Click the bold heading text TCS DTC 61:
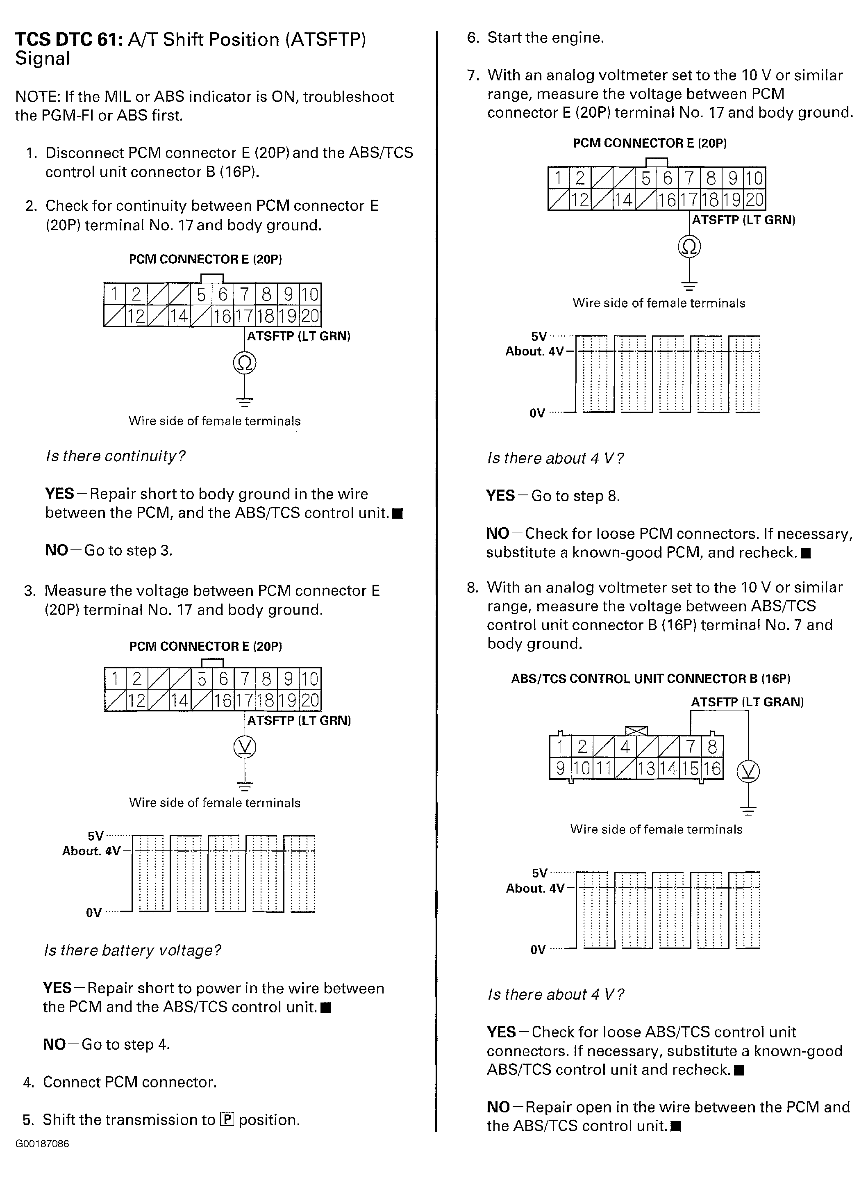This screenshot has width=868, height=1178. pos(68,40)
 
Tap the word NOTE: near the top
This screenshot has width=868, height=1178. pos(37,97)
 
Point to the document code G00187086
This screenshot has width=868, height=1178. pos(42,1144)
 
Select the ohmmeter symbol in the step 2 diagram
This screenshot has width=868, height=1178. pos(245,363)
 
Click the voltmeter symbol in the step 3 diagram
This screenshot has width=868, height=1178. pos(245,747)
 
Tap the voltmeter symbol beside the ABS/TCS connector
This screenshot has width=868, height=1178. pos(748,771)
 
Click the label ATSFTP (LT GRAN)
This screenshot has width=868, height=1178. pos(747,702)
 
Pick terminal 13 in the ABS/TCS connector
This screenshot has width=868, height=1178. pos(647,768)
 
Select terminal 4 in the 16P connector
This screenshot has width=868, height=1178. pos(625,746)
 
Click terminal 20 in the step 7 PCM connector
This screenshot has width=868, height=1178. pos(754,200)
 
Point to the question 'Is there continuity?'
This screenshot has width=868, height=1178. pos(116,456)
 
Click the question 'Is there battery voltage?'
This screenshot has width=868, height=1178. pos(132,950)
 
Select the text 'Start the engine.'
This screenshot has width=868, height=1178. pos(545,38)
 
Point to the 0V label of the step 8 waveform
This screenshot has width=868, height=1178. pos(538,949)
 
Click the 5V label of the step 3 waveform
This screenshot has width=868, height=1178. pos(95,836)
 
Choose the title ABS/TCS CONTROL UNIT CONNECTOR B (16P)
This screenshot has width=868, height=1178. pos(650,679)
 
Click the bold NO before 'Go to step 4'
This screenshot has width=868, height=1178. pos(54,1044)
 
